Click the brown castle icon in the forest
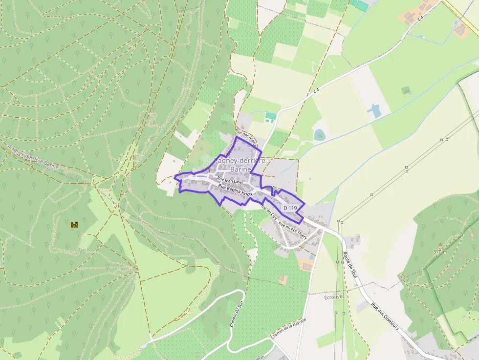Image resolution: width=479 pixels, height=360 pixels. click(74, 225)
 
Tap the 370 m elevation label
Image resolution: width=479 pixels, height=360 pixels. click(440, 252)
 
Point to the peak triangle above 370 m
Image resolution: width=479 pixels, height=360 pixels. click(440, 244)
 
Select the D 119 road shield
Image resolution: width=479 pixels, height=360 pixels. click(289, 208)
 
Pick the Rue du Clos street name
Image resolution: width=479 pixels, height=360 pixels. click(267, 213)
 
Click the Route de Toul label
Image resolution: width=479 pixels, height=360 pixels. click(350, 266)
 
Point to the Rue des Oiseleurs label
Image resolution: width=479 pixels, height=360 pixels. click(385, 317)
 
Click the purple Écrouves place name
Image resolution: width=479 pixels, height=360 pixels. click(334, 296)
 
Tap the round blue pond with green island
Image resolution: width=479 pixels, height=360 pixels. click(319, 134)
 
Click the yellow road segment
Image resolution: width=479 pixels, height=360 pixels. click(459, 15)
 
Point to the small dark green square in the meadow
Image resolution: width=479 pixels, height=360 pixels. click(405, 90)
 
